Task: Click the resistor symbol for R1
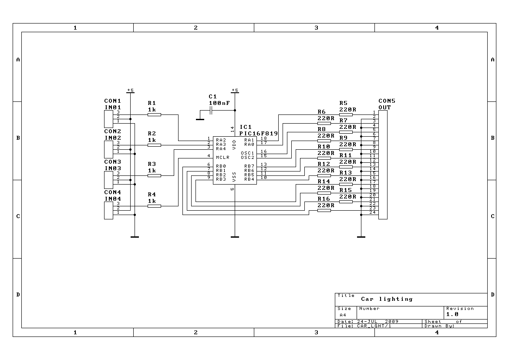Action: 154,114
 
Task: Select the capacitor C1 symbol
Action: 211,111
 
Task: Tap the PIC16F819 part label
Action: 258,133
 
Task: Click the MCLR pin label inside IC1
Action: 222,158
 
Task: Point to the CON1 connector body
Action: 108,119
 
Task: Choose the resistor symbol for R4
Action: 154,206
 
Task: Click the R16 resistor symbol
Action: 324,210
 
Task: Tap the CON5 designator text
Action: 387,101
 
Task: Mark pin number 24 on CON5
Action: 372,212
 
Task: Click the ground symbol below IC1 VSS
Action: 235,237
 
